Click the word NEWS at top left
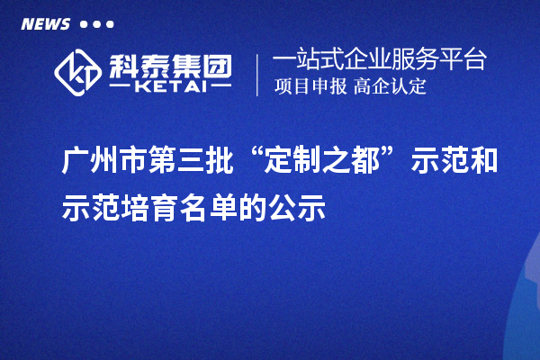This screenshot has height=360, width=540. (44, 24)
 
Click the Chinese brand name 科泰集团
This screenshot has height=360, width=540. (170, 65)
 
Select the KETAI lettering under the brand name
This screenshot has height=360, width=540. (171, 87)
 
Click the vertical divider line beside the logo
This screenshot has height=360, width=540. (259, 75)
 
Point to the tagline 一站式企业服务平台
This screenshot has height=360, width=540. (379, 60)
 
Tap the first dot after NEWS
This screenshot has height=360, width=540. (84, 24)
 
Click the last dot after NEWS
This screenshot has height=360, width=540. (110, 24)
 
